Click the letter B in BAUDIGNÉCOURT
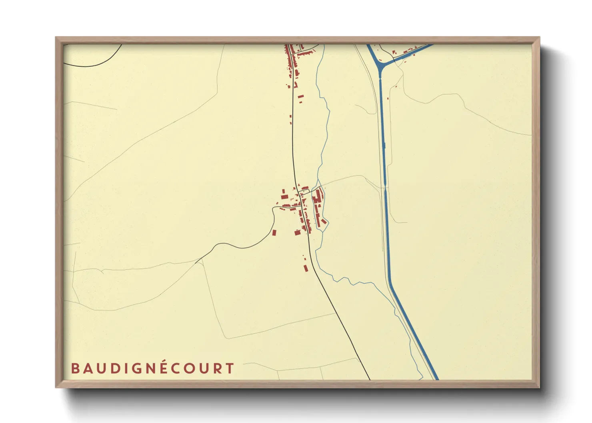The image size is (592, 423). pyautogui.click(x=75, y=369)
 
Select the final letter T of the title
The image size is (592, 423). pyautogui.click(x=230, y=369)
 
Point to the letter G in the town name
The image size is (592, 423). pyautogui.click(x=134, y=369)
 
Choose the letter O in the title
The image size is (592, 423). pyautogui.click(x=191, y=369)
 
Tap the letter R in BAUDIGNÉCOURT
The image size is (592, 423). pyautogui.click(x=218, y=369)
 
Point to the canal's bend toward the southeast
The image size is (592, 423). pyautogui.click(x=388, y=280)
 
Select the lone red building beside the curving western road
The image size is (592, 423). pyautogui.click(x=274, y=232)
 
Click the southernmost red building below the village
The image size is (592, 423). pyautogui.click(x=306, y=268)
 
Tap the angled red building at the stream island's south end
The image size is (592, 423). pyautogui.click(x=324, y=221)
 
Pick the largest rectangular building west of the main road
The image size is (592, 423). pyautogui.click(x=284, y=197)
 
